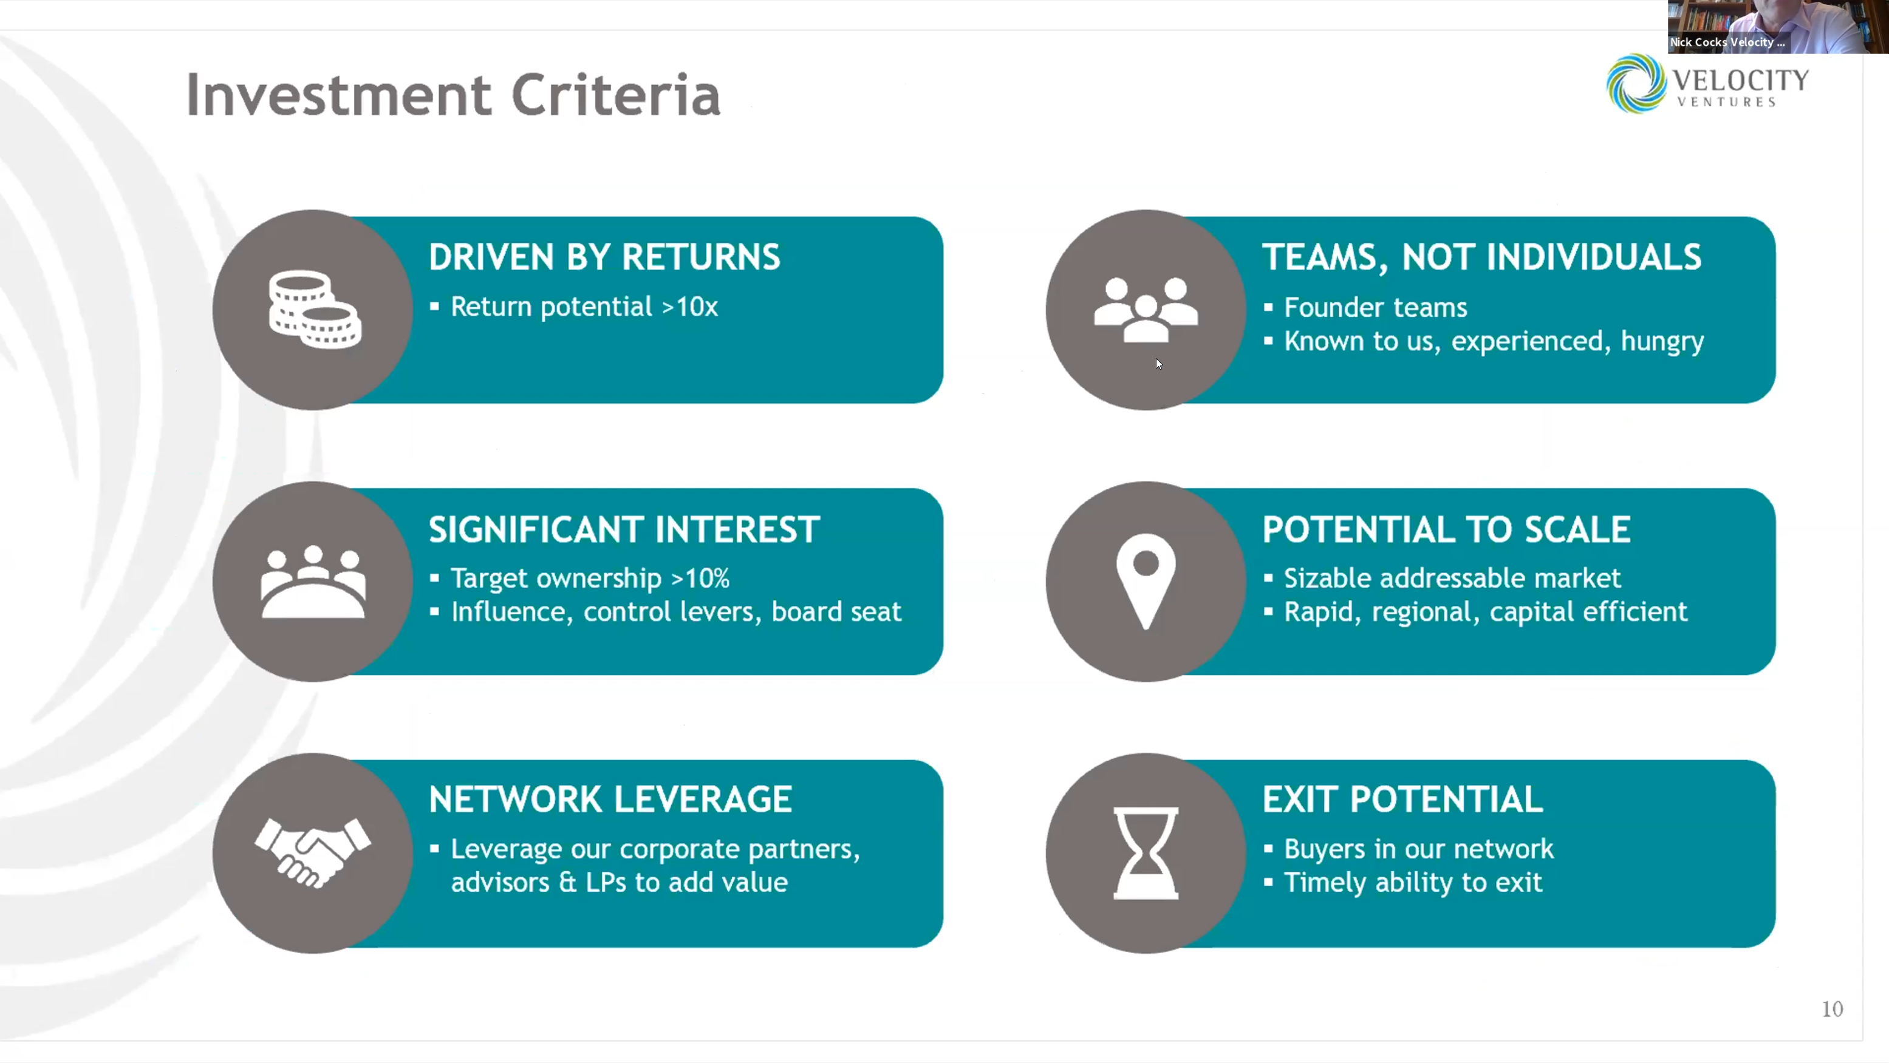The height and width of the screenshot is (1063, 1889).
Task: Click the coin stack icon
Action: pyautogui.click(x=315, y=310)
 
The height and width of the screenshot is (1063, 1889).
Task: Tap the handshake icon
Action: pyautogui.click(x=313, y=852)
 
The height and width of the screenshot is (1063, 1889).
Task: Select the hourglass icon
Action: pyautogui.click(x=1146, y=852)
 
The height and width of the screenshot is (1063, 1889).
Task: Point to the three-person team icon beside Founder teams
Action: pyautogui.click(x=1146, y=310)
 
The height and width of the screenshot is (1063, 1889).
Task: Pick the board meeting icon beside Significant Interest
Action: pyautogui.click(x=313, y=582)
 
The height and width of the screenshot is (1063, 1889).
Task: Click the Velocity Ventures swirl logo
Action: pyautogui.click(x=1635, y=83)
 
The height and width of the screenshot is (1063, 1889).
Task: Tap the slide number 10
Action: pyautogui.click(x=1832, y=1010)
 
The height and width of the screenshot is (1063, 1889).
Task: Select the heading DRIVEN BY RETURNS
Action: pyautogui.click(x=604, y=257)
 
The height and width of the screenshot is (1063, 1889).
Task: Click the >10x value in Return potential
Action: pyautogui.click(x=690, y=307)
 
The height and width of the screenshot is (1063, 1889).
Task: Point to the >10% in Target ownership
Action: pyautogui.click(x=700, y=579)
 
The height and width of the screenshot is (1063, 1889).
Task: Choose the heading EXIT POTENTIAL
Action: pyautogui.click(x=1402, y=799)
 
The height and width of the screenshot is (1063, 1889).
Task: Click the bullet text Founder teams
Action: pyautogui.click(x=1375, y=307)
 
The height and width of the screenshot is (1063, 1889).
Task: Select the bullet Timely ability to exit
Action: pyautogui.click(x=1412, y=882)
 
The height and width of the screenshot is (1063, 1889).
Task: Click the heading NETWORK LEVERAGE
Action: pyautogui.click(x=610, y=799)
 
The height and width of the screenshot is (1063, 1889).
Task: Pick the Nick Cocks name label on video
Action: pyautogui.click(x=1726, y=42)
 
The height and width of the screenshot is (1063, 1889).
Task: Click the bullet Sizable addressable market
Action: pyautogui.click(x=1452, y=579)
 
